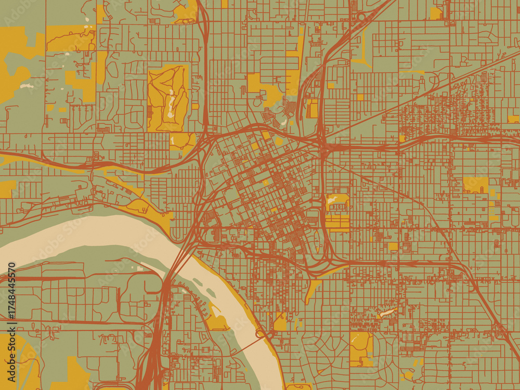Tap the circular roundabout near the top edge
[x=361, y=17]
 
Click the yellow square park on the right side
[x=475, y=185]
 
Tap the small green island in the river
[x=198, y=281]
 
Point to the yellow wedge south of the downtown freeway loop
[x=314, y=286]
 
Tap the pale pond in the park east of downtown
[x=333, y=199]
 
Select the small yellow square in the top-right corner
[x=436, y=13]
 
